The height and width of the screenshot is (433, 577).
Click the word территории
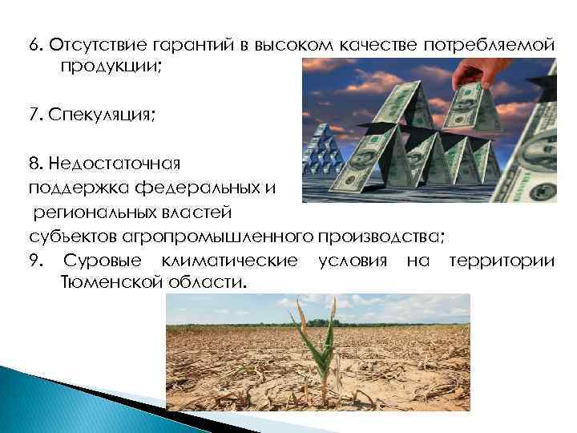tap(501, 261)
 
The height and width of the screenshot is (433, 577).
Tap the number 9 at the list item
tap(32, 261)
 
